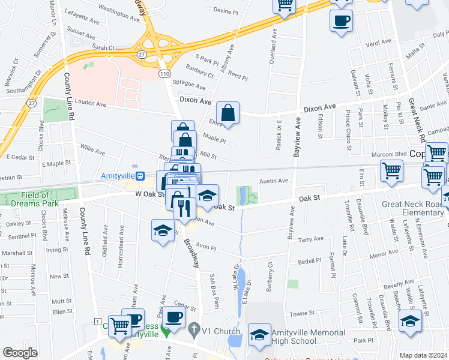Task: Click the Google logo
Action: point(20,353)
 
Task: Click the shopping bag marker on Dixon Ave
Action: point(228,113)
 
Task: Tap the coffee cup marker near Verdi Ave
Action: point(341,21)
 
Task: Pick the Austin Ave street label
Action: point(274,181)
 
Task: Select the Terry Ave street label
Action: point(311,239)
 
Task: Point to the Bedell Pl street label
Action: point(310,262)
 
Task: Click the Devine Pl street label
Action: point(226,11)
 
